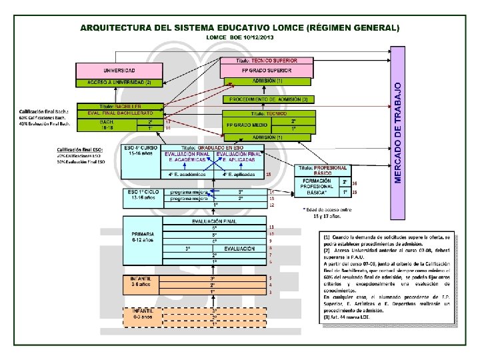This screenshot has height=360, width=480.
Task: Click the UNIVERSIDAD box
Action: tap(119, 70)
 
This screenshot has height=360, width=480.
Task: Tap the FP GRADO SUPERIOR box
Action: tap(266, 70)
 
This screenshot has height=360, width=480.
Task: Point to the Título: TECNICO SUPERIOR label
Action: tap(267, 61)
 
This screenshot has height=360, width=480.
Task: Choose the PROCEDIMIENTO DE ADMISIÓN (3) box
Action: tap(268, 99)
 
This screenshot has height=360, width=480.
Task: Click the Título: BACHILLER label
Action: tap(120, 106)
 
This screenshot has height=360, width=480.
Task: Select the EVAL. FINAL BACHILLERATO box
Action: tap(120, 113)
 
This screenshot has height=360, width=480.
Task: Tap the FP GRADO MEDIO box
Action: tap(247, 125)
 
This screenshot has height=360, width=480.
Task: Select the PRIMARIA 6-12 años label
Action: tap(143, 237)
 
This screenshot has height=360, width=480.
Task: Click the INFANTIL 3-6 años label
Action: tap(143, 281)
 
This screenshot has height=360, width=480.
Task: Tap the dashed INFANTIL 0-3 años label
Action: tap(143, 313)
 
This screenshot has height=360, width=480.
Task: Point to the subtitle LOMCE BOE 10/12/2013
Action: tap(239, 38)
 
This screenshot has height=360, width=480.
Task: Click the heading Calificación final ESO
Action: tap(81, 150)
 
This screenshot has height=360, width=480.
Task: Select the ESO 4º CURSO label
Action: tap(141, 151)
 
